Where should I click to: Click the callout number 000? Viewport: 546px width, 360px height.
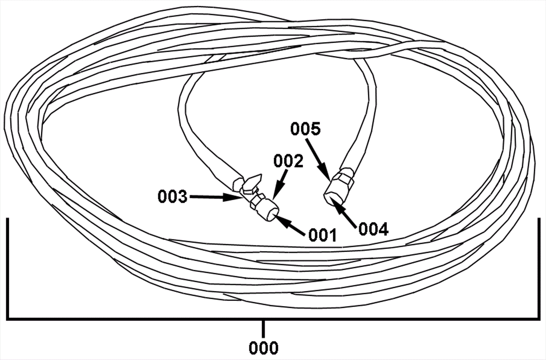263,348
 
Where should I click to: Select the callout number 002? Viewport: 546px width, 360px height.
288,162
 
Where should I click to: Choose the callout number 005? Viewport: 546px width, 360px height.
306,129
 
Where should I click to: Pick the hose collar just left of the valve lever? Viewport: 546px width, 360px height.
238,184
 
